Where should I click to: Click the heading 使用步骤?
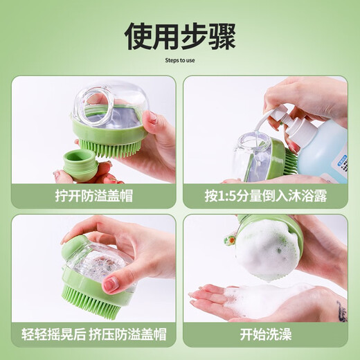(x=179, y=35)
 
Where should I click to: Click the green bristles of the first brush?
(x=111, y=149)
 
